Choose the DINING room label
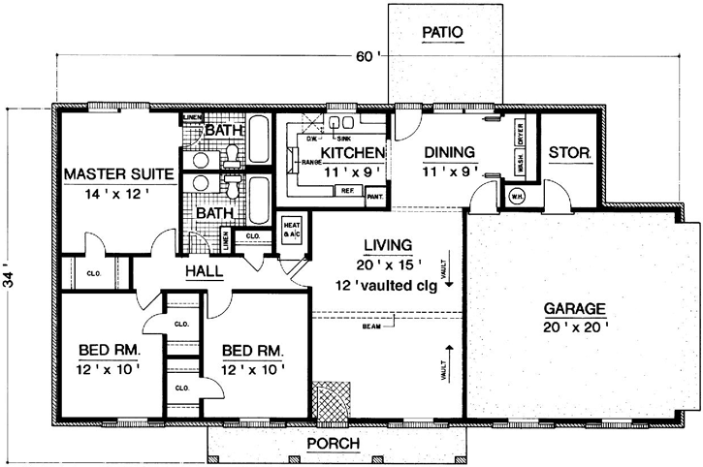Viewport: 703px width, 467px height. point(448,152)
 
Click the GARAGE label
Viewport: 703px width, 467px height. point(575,309)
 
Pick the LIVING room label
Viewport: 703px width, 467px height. point(383,245)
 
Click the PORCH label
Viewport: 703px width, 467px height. point(333,444)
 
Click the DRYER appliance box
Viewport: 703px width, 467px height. point(520,135)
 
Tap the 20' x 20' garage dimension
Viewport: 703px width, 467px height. point(575,327)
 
